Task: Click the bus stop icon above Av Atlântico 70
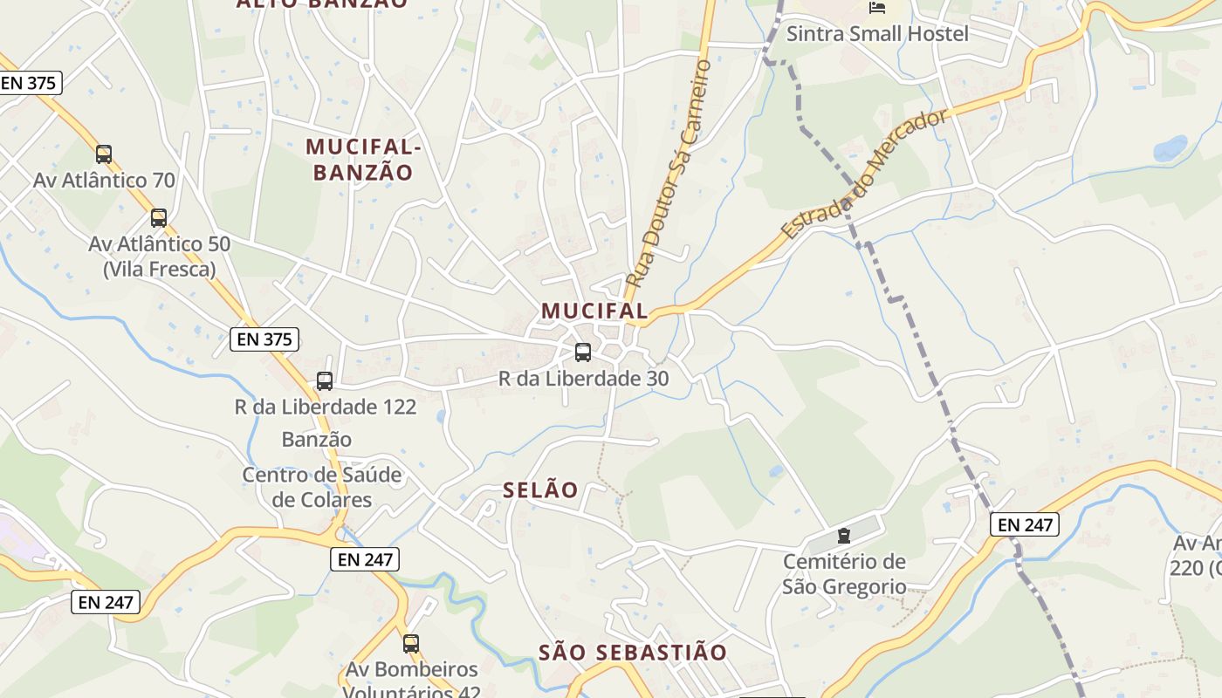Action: tap(104, 154)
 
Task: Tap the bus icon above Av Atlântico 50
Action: tap(158, 218)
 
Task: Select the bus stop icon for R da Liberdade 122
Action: tap(325, 381)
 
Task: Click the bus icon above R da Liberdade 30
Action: tap(583, 352)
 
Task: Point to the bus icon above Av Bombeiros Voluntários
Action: tap(411, 644)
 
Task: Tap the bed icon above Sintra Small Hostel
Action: tap(877, 8)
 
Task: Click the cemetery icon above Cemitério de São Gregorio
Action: tap(844, 536)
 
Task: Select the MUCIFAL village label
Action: tap(594, 311)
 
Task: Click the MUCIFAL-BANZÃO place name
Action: tap(363, 160)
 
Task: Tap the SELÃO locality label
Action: tap(540, 490)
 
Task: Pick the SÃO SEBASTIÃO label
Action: tap(633, 653)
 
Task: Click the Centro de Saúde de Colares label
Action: tap(322, 488)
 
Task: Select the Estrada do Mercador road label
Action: tap(864, 174)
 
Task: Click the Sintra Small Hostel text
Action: tap(877, 34)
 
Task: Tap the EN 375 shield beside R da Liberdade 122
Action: tap(264, 339)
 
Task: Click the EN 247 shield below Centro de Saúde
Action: tap(365, 559)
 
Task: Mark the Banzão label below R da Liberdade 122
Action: tap(317, 440)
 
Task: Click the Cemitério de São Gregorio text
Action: tap(844, 574)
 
